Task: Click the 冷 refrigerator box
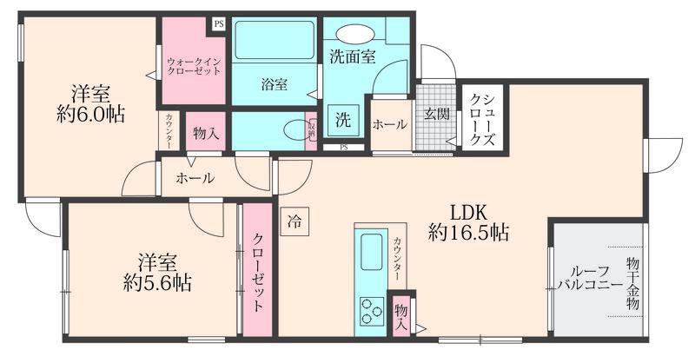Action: click(x=295, y=221)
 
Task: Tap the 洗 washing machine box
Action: click(x=342, y=121)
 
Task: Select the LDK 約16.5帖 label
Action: click(x=468, y=222)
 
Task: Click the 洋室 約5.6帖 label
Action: click(x=157, y=271)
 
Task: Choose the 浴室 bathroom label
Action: click(x=275, y=84)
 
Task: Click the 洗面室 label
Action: click(x=352, y=57)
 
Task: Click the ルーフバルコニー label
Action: click(x=590, y=276)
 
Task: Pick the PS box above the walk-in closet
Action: click(x=218, y=24)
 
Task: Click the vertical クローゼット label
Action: click(x=259, y=274)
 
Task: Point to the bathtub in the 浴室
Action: click(x=275, y=40)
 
